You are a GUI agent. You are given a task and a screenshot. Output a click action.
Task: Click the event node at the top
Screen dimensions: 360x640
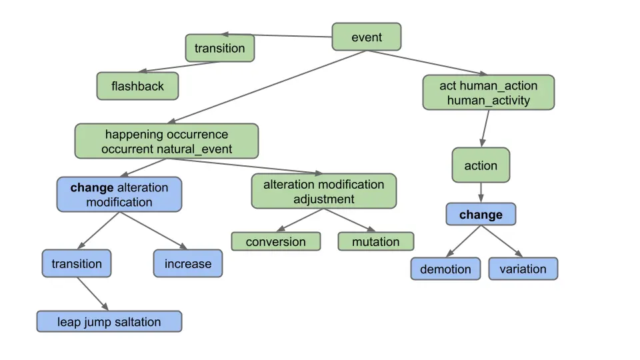pos(367,37)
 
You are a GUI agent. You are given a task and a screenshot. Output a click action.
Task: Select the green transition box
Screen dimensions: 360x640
pos(219,48)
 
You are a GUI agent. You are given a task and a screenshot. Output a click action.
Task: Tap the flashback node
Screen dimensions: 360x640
pos(137,86)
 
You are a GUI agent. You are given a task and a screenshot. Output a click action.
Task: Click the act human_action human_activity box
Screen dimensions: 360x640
pos(488,93)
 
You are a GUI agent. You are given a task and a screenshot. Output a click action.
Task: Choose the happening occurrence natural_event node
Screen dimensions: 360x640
pos(166,141)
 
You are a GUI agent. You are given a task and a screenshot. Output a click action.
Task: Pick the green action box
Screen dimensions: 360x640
pos(480,165)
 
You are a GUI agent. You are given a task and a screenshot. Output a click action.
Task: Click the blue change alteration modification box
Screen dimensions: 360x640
pos(119,195)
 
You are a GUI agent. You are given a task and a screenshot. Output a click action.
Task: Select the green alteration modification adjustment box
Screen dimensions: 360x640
pos(323,191)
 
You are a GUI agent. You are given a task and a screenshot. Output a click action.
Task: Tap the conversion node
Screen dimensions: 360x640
pos(275,241)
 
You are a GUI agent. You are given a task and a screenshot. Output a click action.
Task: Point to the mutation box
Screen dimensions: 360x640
pos(375,241)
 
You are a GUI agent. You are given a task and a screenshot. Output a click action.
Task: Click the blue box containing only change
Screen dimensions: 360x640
pos(480,215)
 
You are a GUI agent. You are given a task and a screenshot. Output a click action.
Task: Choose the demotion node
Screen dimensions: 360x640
pos(445,269)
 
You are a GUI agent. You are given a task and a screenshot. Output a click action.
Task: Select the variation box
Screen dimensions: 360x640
pos(523,269)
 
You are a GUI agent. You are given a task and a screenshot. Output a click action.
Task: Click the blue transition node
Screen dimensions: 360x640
pos(77,263)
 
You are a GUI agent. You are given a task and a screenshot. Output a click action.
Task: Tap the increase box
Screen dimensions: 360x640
pos(187,263)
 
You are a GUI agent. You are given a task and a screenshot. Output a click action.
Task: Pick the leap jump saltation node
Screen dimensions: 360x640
pos(109,322)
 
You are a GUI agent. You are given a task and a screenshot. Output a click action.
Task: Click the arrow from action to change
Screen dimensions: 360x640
pos(480,193)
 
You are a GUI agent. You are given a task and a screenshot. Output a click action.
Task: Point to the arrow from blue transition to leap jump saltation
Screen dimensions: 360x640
pos(91,293)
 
